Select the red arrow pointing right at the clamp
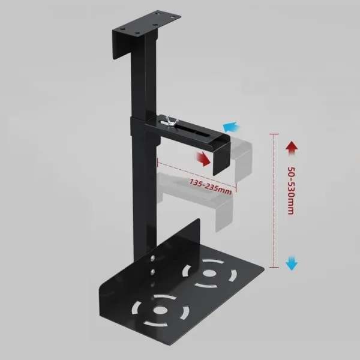(x=205, y=158)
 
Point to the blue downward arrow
(x=292, y=262)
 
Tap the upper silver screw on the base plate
(x=153, y=259)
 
